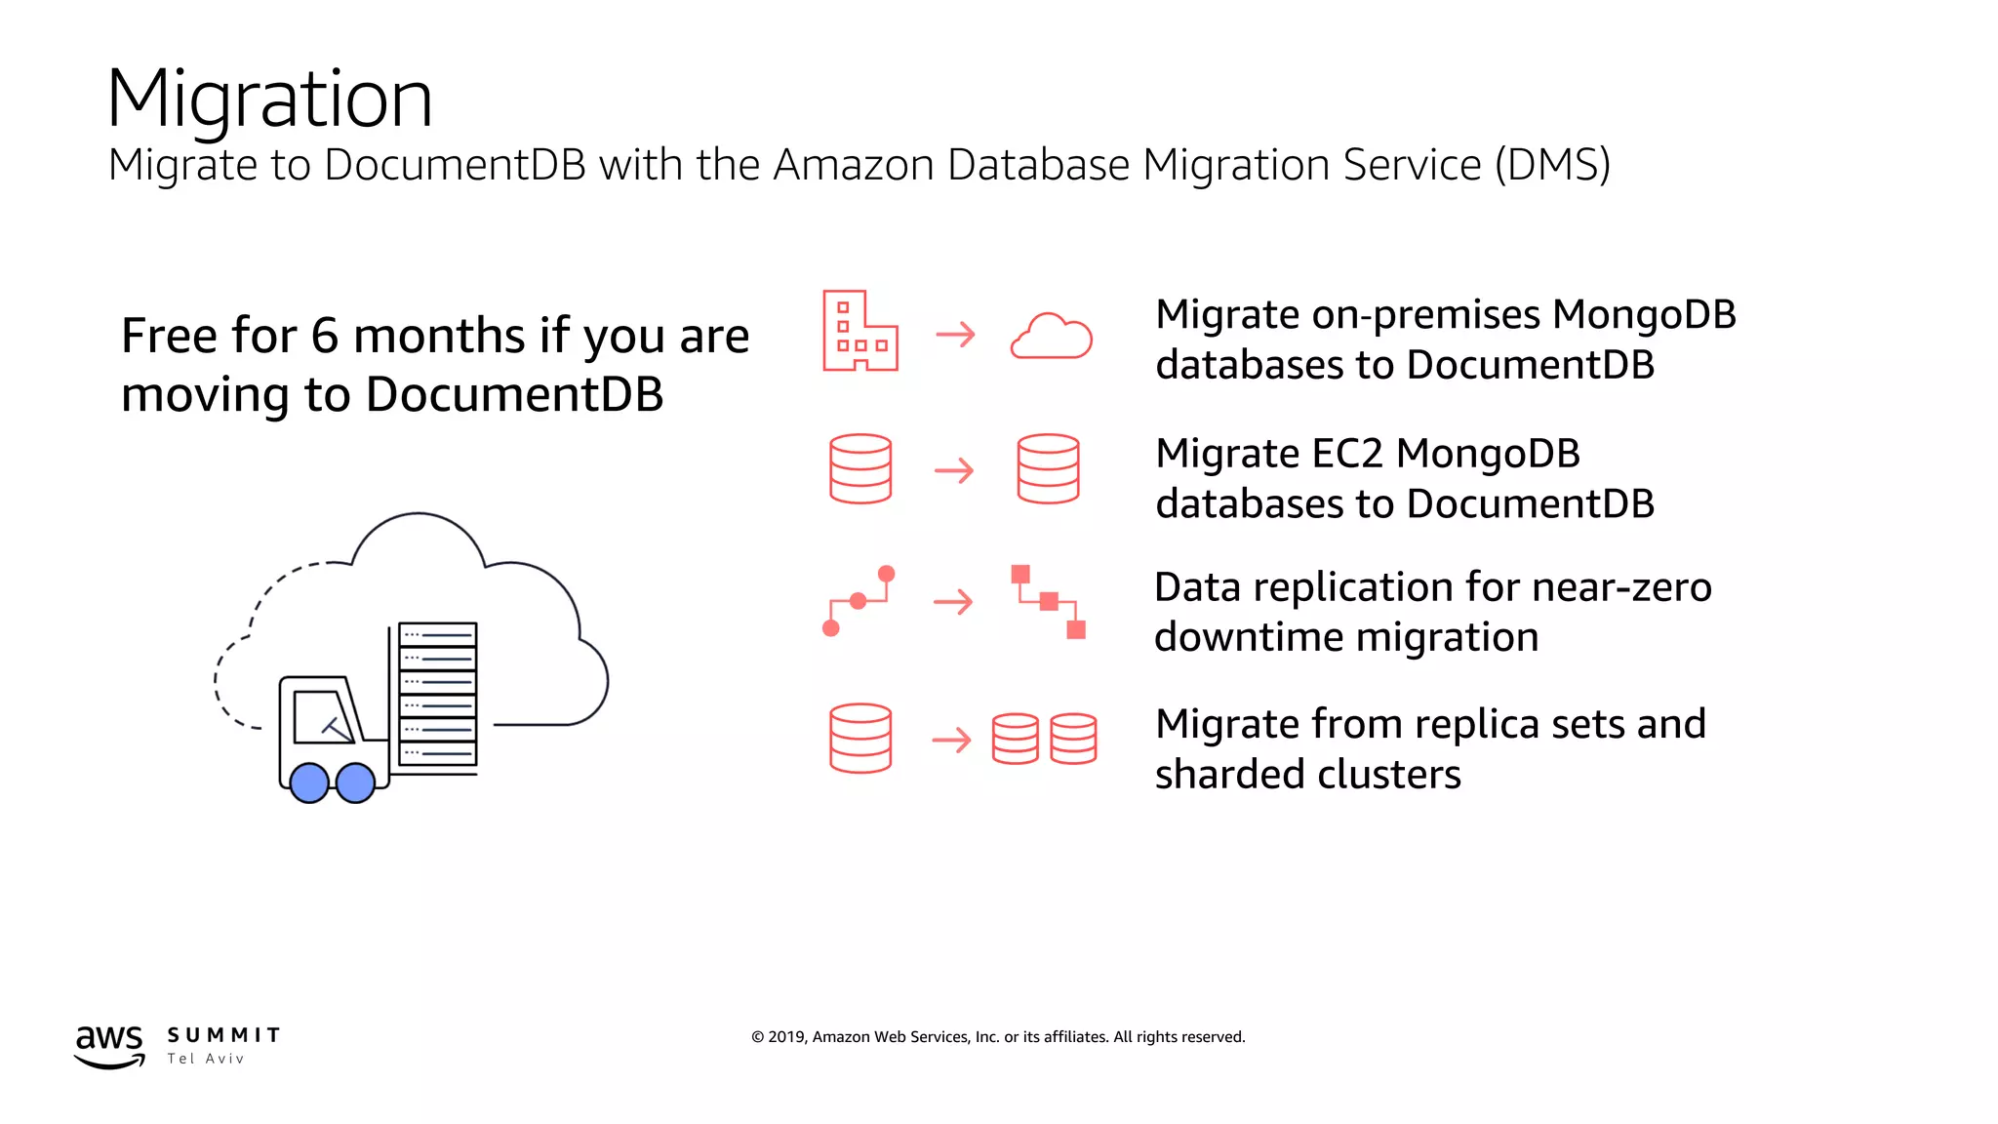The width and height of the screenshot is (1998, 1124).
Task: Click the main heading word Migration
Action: (269, 100)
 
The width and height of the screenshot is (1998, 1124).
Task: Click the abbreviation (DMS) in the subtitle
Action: (1552, 165)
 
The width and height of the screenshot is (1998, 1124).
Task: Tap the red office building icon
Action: (859, 332)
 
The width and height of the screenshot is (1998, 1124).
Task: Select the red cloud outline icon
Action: (1051, 337)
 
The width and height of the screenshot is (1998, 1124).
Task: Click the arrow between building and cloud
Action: (955, 335)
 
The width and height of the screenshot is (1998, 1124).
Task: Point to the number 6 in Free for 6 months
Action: (324, 337)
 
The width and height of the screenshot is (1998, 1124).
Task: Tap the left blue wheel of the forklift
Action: (309, 783)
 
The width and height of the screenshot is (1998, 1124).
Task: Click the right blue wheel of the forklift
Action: (355, 783)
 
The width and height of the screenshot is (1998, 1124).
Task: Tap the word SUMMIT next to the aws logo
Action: (223, 1035)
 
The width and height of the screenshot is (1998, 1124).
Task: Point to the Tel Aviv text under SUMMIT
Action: (205, 1059)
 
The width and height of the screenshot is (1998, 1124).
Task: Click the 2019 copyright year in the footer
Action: (786, 1037)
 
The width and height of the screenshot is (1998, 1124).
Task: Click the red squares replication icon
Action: (1049, 601)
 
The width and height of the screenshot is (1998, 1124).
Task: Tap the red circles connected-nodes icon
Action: (859, 601)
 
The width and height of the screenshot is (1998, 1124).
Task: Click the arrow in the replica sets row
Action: (951, 740)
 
